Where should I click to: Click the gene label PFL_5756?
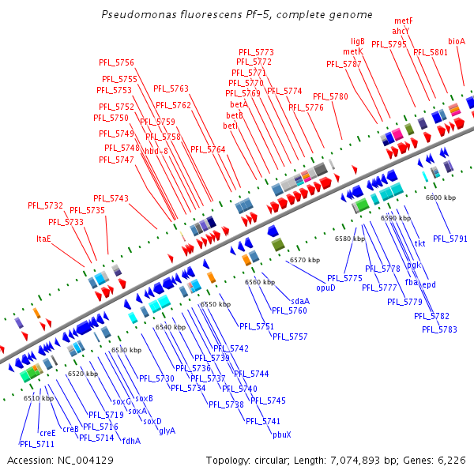pos(116,62)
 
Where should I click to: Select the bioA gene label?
pos(457,41)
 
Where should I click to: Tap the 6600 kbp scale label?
pos(441,197)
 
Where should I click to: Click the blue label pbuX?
pos(282,434)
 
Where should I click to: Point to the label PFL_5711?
pos(37,444)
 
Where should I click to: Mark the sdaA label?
pos(299,301)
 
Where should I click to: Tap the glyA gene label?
pos(167,431)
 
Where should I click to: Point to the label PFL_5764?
pos(207,149)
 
